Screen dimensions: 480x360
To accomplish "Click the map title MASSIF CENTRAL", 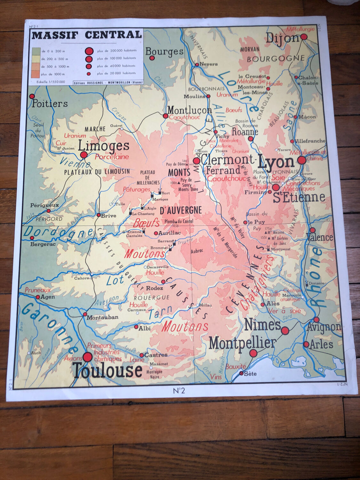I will pos(87,35).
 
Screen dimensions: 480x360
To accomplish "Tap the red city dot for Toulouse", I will pos(87,357).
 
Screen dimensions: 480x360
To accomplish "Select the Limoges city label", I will pos(103,146).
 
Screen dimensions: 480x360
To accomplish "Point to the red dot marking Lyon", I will pos(301,160).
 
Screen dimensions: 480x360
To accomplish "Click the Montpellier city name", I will pos(242,344).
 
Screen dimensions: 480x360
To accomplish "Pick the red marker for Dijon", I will pos(304,37).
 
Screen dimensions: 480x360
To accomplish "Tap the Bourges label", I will pos(164,51).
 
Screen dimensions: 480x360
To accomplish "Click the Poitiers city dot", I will pos(32,96).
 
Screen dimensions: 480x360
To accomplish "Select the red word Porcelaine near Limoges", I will pos(112,157).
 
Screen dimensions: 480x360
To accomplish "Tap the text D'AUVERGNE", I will pos(180,210).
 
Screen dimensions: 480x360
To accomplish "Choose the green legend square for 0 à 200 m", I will pos(36,51).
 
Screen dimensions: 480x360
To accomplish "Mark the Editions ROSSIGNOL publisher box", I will pos(108,82).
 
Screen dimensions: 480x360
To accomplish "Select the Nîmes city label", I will pos(262,325).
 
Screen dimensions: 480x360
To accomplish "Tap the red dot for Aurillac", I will pos(156,233).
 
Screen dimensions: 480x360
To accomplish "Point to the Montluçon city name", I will pos(189,110).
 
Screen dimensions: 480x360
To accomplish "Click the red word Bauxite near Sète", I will pos(236,367).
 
